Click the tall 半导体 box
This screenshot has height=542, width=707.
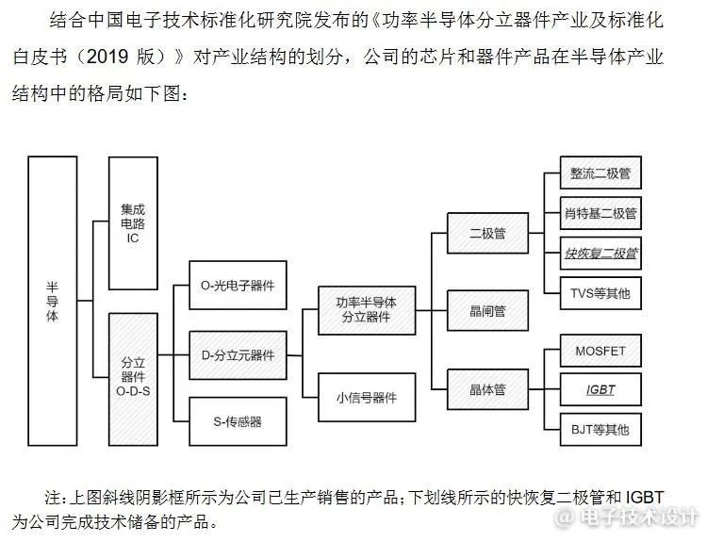[x=52, y=301]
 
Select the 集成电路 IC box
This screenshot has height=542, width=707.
[x=133, y=223]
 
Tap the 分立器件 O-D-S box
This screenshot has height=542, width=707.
[x=133, y=379]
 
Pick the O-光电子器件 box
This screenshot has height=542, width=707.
[x=238, y=285]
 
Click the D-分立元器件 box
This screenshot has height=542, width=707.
[x=238, y=355]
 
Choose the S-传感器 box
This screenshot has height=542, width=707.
[x=238, y=421]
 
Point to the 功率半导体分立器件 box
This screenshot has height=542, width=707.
[x=367, y=310]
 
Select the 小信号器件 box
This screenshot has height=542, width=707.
[x=367, y=397]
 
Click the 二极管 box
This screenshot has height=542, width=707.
[x=487, y=233]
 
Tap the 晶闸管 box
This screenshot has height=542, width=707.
[x=487, y=311]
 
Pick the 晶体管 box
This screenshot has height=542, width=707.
[x=487, y=389]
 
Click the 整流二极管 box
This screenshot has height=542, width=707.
[x=600, y=172]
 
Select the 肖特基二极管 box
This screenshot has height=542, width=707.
[x=600, y=213]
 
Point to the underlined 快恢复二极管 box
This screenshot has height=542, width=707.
[x=600, y=253]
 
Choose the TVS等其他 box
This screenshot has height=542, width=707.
[x=600, y=293]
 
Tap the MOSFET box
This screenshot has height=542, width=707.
[x=600, y=351]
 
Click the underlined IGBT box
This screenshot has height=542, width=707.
[x=600, y=389]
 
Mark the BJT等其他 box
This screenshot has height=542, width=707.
[x=600, y=429]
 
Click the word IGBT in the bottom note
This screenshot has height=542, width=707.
[x=645, y=498]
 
